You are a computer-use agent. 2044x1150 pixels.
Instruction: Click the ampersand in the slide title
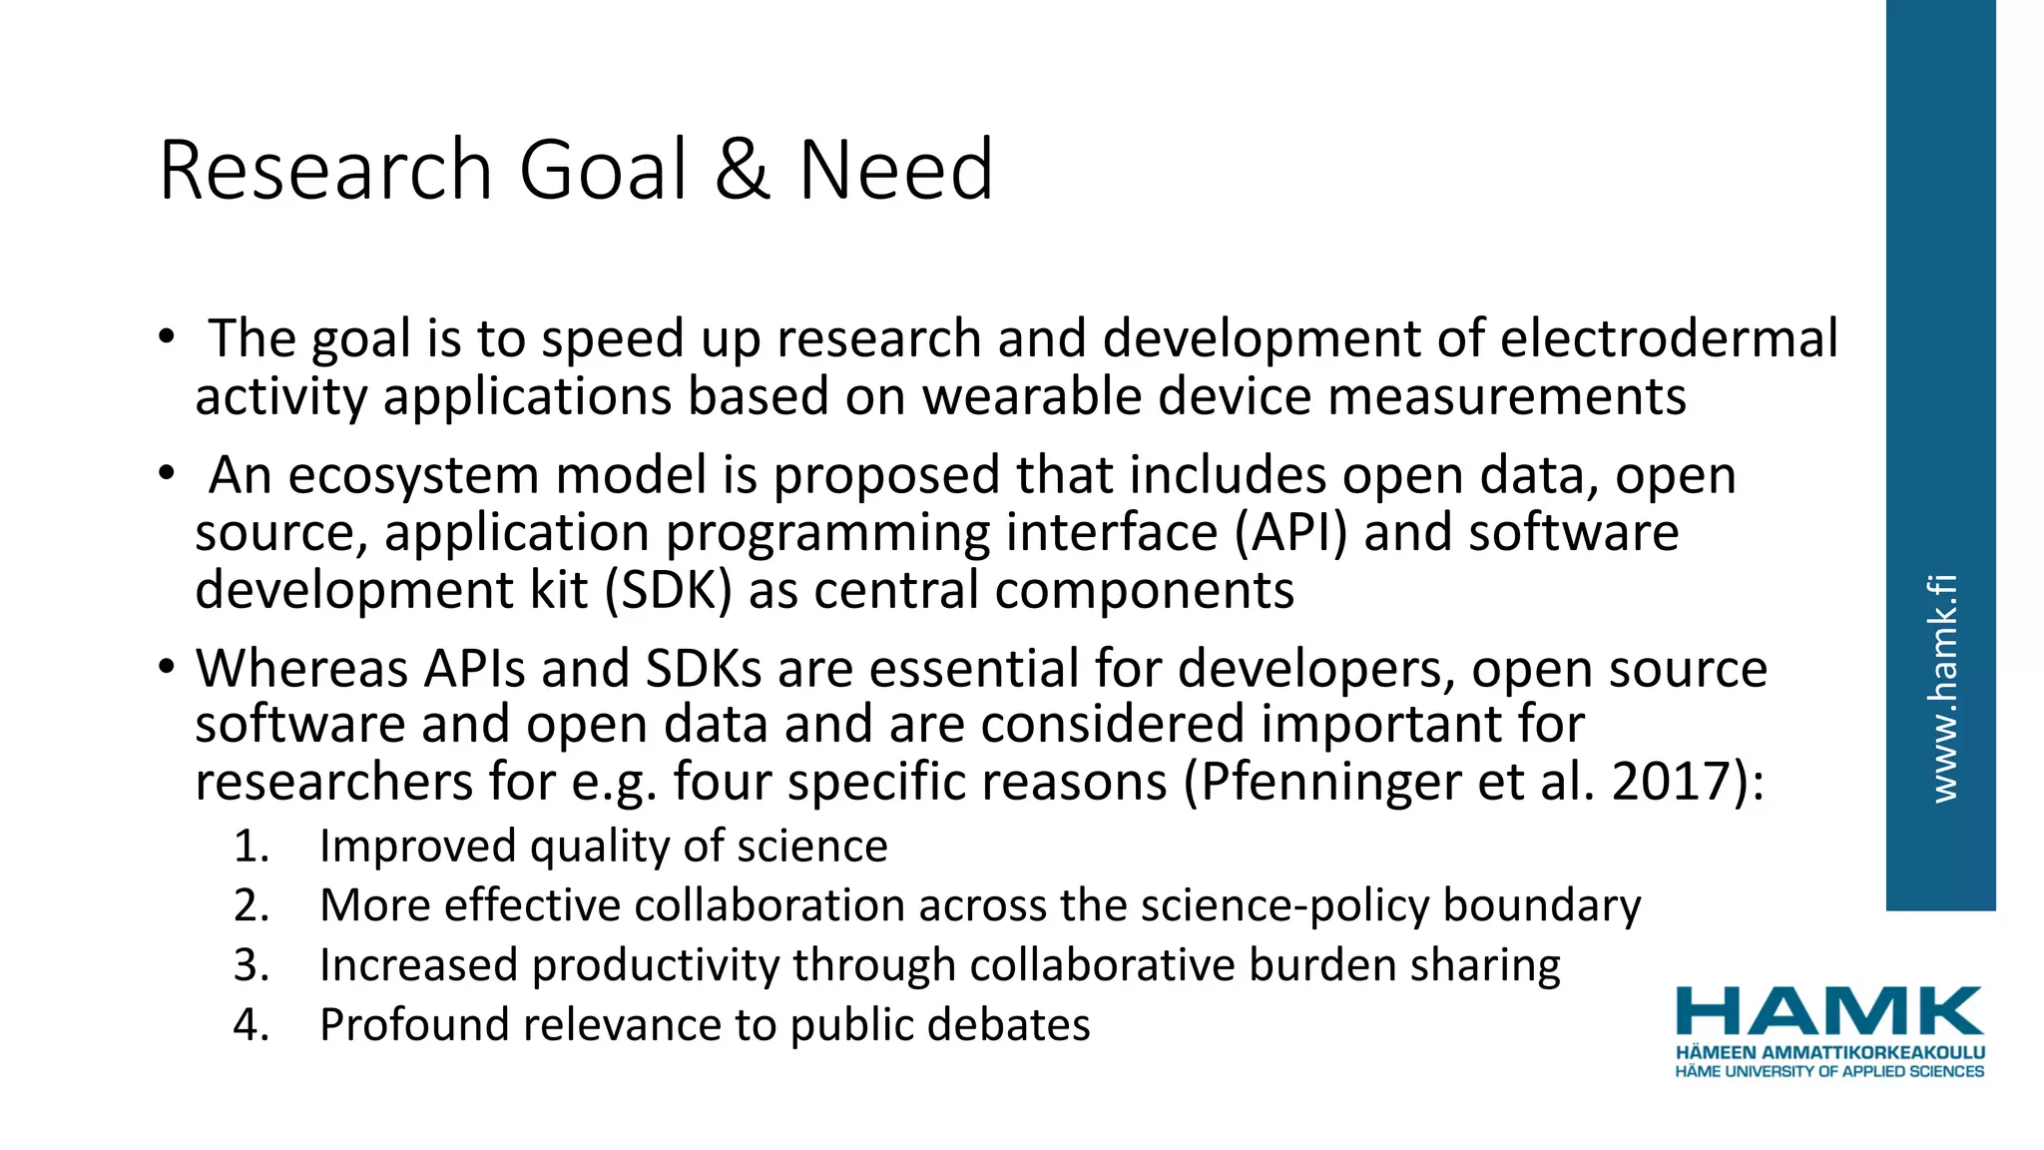[x=742, y=171]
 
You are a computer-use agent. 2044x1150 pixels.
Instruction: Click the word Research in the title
[x=325, y=171]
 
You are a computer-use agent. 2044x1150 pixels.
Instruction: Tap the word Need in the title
[x=895, y=171]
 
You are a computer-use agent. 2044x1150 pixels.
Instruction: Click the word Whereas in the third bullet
[x=301, y=668]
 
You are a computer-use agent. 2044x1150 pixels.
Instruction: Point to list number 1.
[x=252, y=847]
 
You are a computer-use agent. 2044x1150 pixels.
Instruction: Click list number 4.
[x=252, y=1025]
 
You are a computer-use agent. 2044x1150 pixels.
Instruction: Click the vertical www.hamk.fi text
[x=1942, y=689]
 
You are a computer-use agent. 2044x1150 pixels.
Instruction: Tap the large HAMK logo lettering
[x=1829, y=1011]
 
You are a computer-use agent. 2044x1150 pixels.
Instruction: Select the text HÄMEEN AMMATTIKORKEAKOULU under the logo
[x=1829, y=1052]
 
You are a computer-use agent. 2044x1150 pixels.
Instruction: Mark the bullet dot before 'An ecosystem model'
[x=167, y=473]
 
